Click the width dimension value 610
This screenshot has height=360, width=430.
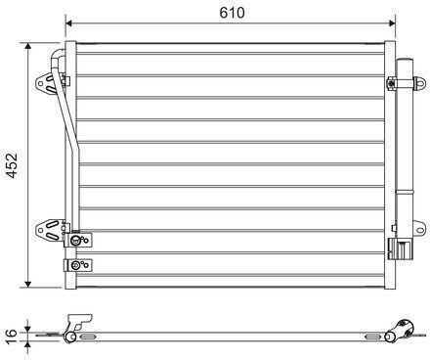click(232, 13)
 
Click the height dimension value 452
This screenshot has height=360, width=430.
click(12, 165)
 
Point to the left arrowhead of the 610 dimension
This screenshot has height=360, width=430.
click(68, 23)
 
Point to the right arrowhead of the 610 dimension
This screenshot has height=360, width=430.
click(392, 23)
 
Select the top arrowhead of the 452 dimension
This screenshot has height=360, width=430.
click(28, 46)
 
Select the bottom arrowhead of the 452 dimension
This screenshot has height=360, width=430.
click(28, 284)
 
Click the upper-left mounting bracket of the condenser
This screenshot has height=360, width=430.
click(45, 84)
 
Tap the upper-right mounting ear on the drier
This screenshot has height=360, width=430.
click(420, 83)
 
